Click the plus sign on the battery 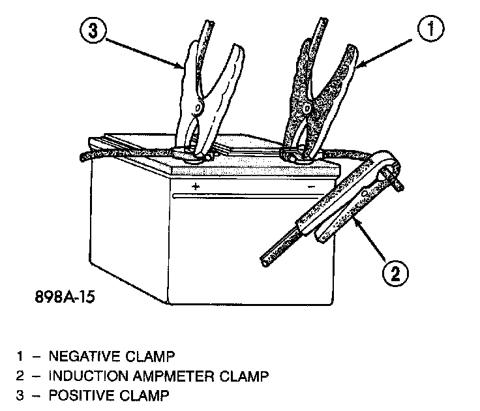tap(194, 187)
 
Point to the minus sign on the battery tap(312, 187)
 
